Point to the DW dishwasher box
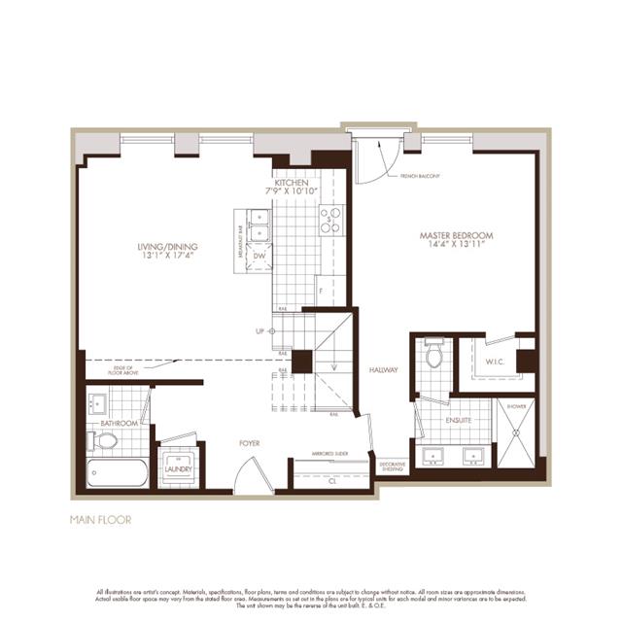(259, 257)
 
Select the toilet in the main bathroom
(104, 440)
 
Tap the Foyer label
(251, 443)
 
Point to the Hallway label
(384, 370)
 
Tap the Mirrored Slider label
(330, 454)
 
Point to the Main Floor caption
(100, 519)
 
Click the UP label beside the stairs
(259, 331)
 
